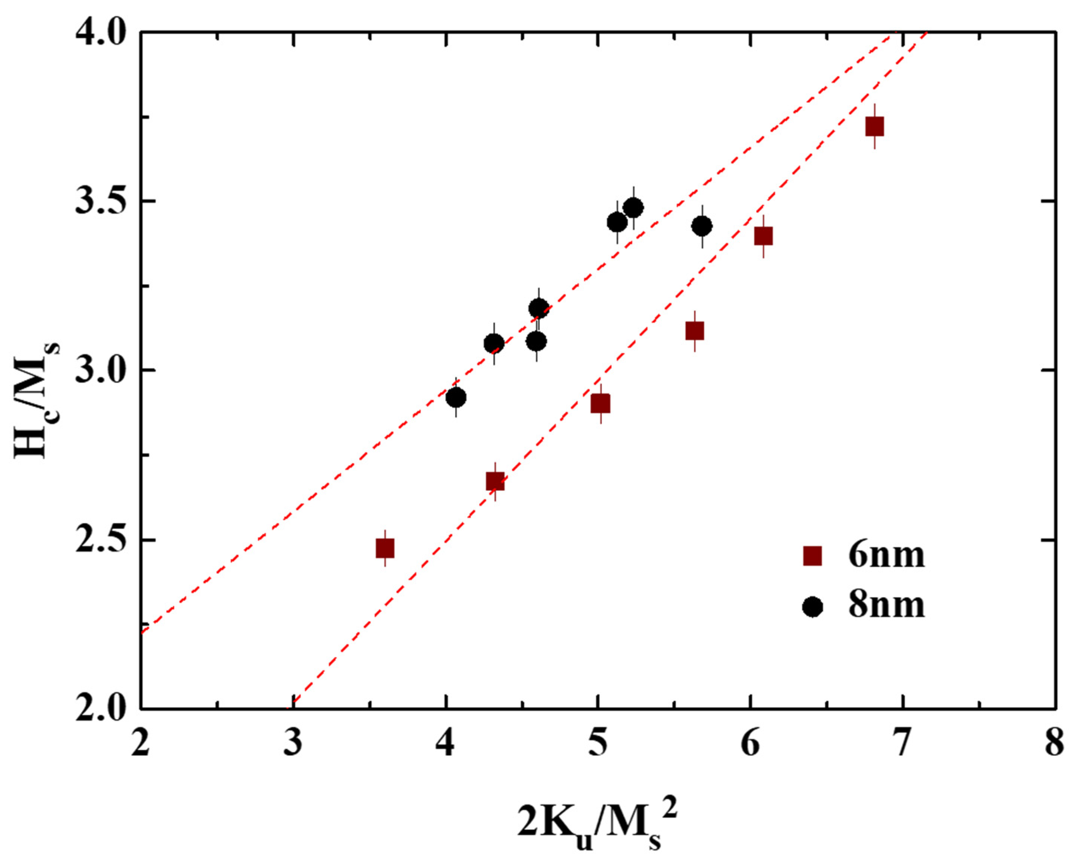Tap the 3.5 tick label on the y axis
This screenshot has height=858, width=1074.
coord(101,202)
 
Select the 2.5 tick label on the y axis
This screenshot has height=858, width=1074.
coord(101,540)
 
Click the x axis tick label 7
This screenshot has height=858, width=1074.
coord(902,745)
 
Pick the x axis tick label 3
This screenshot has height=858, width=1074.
coord(293,745)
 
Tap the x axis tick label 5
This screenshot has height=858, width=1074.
coord(597,745)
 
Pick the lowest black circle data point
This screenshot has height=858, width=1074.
coord(456,398)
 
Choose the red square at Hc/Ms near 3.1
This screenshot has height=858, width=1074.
coord(694,331)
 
